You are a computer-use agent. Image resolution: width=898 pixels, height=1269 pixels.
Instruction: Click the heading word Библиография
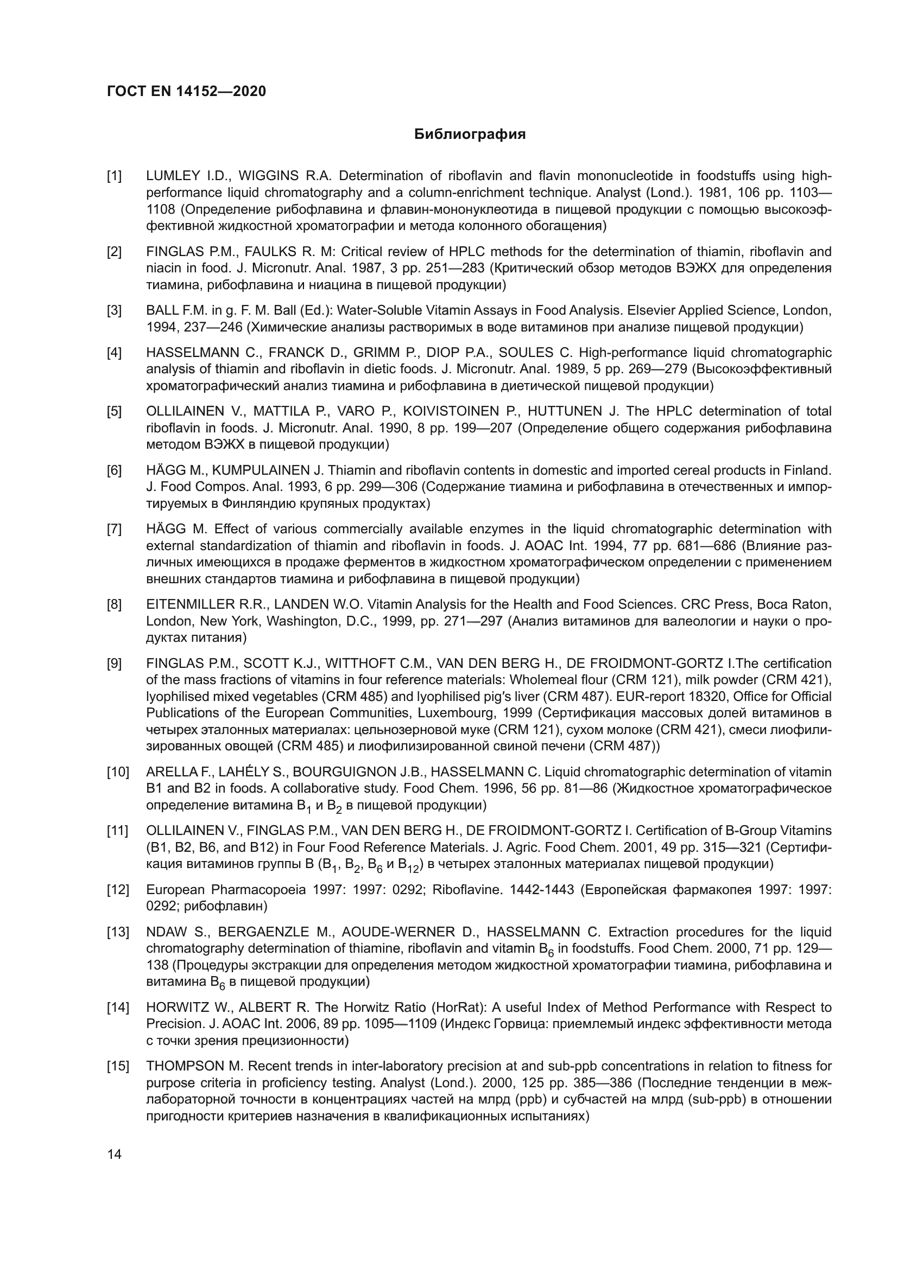(470, 135)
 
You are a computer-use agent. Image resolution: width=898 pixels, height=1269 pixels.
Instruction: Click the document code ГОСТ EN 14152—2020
(186, 91)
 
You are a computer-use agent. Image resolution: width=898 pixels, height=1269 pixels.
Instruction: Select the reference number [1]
(115, 176)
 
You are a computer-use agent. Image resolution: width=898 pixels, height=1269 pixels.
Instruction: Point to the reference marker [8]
(115, 604)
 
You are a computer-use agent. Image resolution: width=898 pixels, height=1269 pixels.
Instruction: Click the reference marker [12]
(118, 889)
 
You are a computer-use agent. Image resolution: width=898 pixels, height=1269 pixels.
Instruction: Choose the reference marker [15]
(118, 1066)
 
